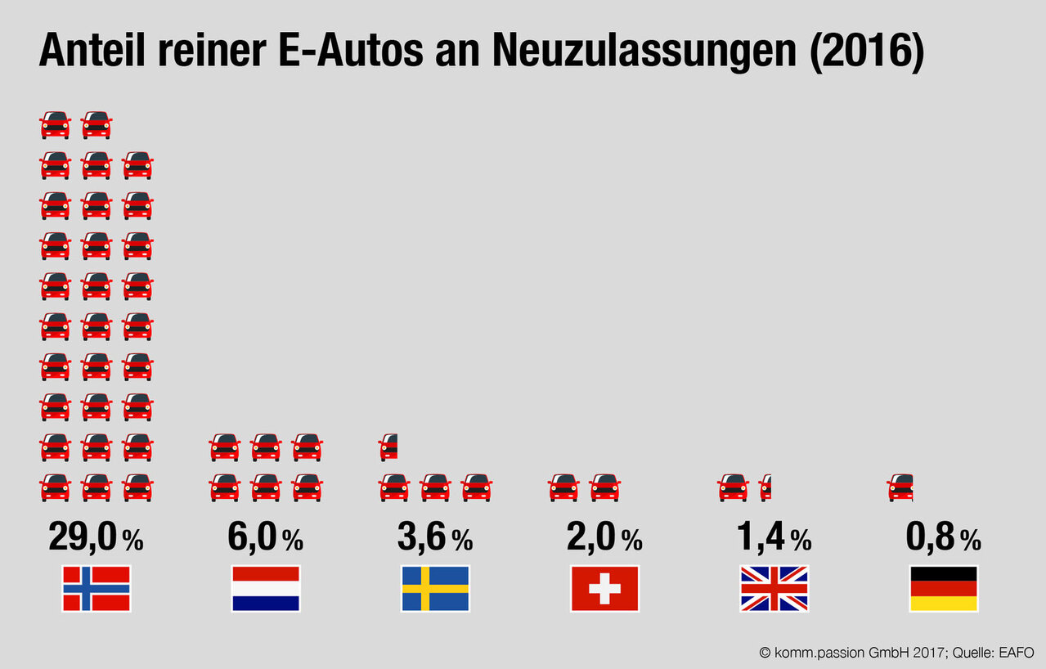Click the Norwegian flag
97,589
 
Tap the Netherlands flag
266,589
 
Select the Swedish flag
435,589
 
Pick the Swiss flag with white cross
604,589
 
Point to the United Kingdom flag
774,589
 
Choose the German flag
943,589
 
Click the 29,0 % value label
96,538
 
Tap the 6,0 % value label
265,538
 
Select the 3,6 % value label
434,538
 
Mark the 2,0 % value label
604,538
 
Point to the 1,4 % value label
773,538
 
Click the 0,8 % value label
942,538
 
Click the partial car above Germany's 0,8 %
900,487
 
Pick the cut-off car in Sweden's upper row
388,447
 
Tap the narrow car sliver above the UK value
765,487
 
